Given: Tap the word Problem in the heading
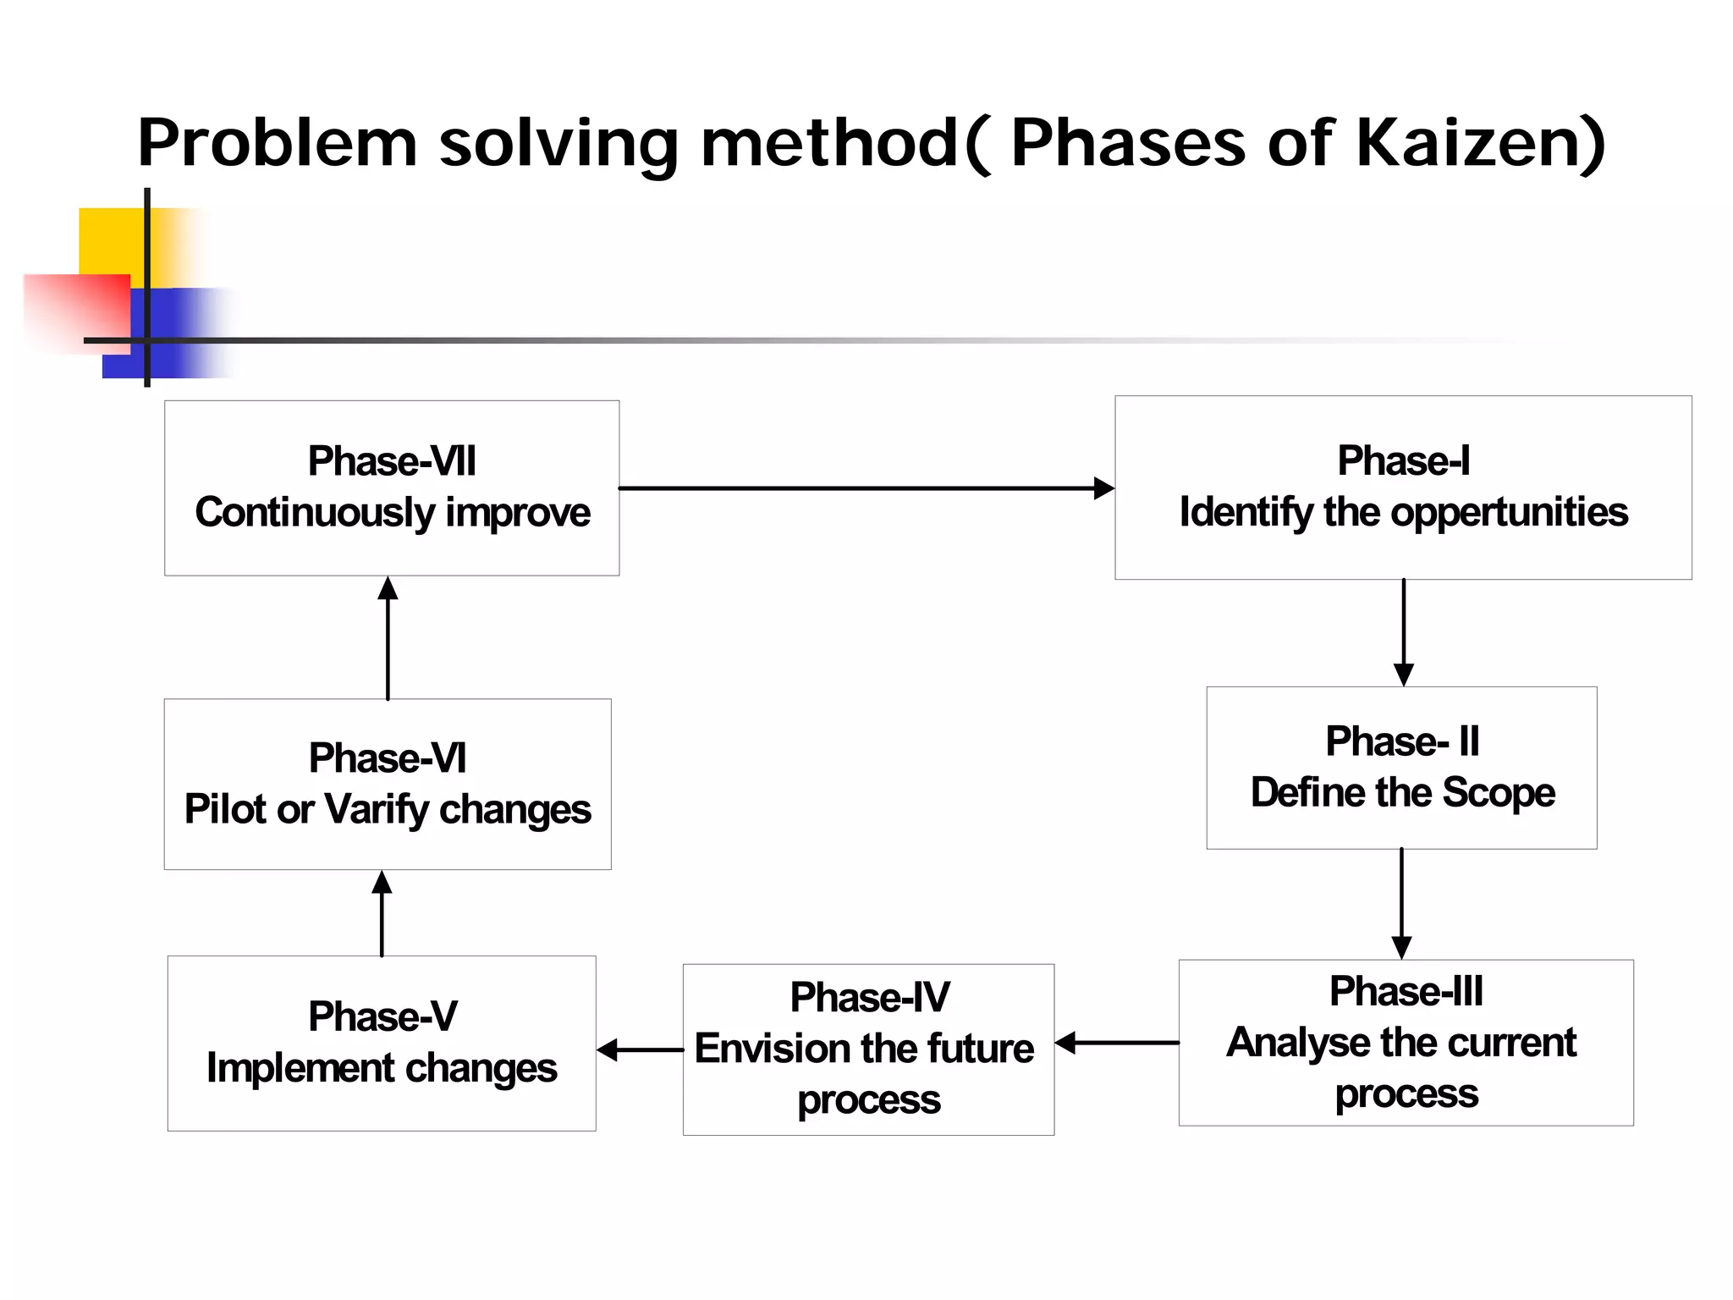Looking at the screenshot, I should click(278, 142).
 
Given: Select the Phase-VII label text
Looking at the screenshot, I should click(392, 461).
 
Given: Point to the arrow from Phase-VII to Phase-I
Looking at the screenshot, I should click(863, 488).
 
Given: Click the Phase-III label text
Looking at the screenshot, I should click(1406, 991).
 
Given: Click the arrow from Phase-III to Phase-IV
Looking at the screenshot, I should click(1117, 1043).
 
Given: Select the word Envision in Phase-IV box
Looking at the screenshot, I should click(762, 1049).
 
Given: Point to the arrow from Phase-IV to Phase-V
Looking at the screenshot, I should click(640, 1049).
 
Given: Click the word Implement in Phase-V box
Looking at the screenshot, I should click(288, 1068).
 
